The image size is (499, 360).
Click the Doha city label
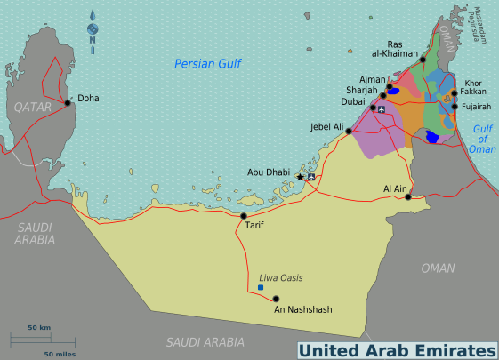click(88, 98)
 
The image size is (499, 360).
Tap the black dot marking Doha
click(67, 103)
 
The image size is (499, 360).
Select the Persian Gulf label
click(209, 63)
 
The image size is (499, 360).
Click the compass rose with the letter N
click(92, 32)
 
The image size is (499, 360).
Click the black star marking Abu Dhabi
click(300, 178)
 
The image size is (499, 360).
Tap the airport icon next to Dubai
click(382, 109)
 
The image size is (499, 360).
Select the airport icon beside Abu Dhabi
click(311, 177)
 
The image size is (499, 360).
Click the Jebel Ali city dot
click(349, 131)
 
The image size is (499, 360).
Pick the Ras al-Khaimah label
click(402, 48)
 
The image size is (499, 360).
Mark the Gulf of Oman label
click(482, 139)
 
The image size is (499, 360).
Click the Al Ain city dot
click(408, 197)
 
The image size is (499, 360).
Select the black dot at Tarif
click(244, 215)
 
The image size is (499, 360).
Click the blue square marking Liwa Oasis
click(260, 288)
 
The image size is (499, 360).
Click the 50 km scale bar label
click(38, 328)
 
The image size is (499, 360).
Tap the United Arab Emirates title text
click(396, 349)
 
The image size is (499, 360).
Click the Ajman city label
click(372, 79)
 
